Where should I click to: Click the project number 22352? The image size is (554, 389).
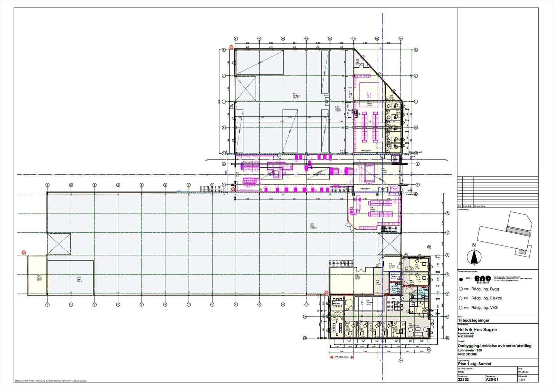pos(463,379)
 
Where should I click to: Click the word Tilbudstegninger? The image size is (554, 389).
pos(474,320)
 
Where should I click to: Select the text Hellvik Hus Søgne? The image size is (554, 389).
pos(477,330)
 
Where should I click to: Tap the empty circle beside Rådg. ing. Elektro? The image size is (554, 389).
pos(460,298)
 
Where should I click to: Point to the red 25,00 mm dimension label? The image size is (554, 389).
pos(341,357)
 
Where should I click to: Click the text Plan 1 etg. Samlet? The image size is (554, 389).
pos(474,364)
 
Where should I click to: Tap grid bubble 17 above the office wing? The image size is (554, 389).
pos(429,247)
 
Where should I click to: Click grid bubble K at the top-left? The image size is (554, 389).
pos(224,49)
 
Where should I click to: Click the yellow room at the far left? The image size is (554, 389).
pos(37,275)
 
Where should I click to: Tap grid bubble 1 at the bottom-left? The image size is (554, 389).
pos(47,305)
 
